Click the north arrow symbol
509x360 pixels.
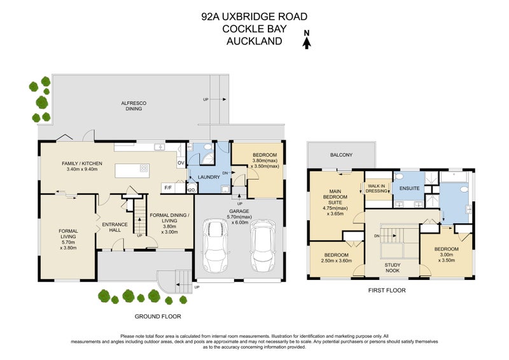(307, 43)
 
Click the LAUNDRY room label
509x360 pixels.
(209, 177)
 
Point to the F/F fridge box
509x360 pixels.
(169, 188)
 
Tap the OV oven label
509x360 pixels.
(180, 163)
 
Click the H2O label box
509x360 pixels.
(190, 189)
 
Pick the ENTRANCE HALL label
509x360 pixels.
(115, 228)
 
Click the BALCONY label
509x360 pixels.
(341, 155)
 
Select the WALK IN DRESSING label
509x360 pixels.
(378, 189)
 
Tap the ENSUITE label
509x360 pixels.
(410, 189)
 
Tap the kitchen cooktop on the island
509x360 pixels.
(144, 169)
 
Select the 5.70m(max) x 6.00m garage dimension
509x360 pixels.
(239, 219)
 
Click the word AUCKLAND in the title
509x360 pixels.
(254, 41)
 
